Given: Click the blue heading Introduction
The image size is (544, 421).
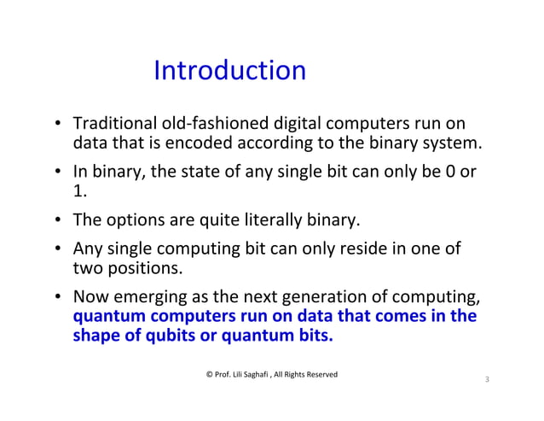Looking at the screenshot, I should pyautogui.click(x=229, y=70).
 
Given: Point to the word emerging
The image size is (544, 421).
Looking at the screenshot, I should pyautogui.click(x=147, y=298).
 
